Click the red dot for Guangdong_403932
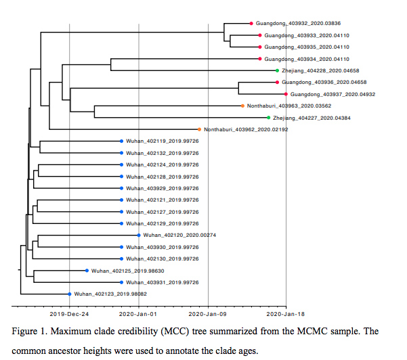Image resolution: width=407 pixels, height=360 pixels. click(x=251, y=24)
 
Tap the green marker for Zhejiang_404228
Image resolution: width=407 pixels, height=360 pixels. click(x=277, y=70)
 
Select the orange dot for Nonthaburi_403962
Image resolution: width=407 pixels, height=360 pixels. click(x=199, y=129)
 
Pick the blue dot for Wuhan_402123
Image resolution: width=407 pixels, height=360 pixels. click(x=69, y=294)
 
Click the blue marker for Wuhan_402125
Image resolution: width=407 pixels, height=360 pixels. click(x=87, y=271)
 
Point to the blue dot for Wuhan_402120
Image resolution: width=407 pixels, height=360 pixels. click(x=139, y=235)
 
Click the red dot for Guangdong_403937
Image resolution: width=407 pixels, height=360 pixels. click(x=286, y=94)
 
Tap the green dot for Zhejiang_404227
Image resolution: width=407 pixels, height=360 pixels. click(x=268, y=118)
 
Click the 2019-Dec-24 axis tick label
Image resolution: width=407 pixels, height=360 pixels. click(x=69, y=315)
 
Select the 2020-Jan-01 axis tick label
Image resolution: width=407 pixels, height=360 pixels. click(x=139, y=315)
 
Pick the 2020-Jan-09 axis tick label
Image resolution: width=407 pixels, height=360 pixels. click(x=208, y=315)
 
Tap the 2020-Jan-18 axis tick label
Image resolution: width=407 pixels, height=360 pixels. click(x=286, y=315)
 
